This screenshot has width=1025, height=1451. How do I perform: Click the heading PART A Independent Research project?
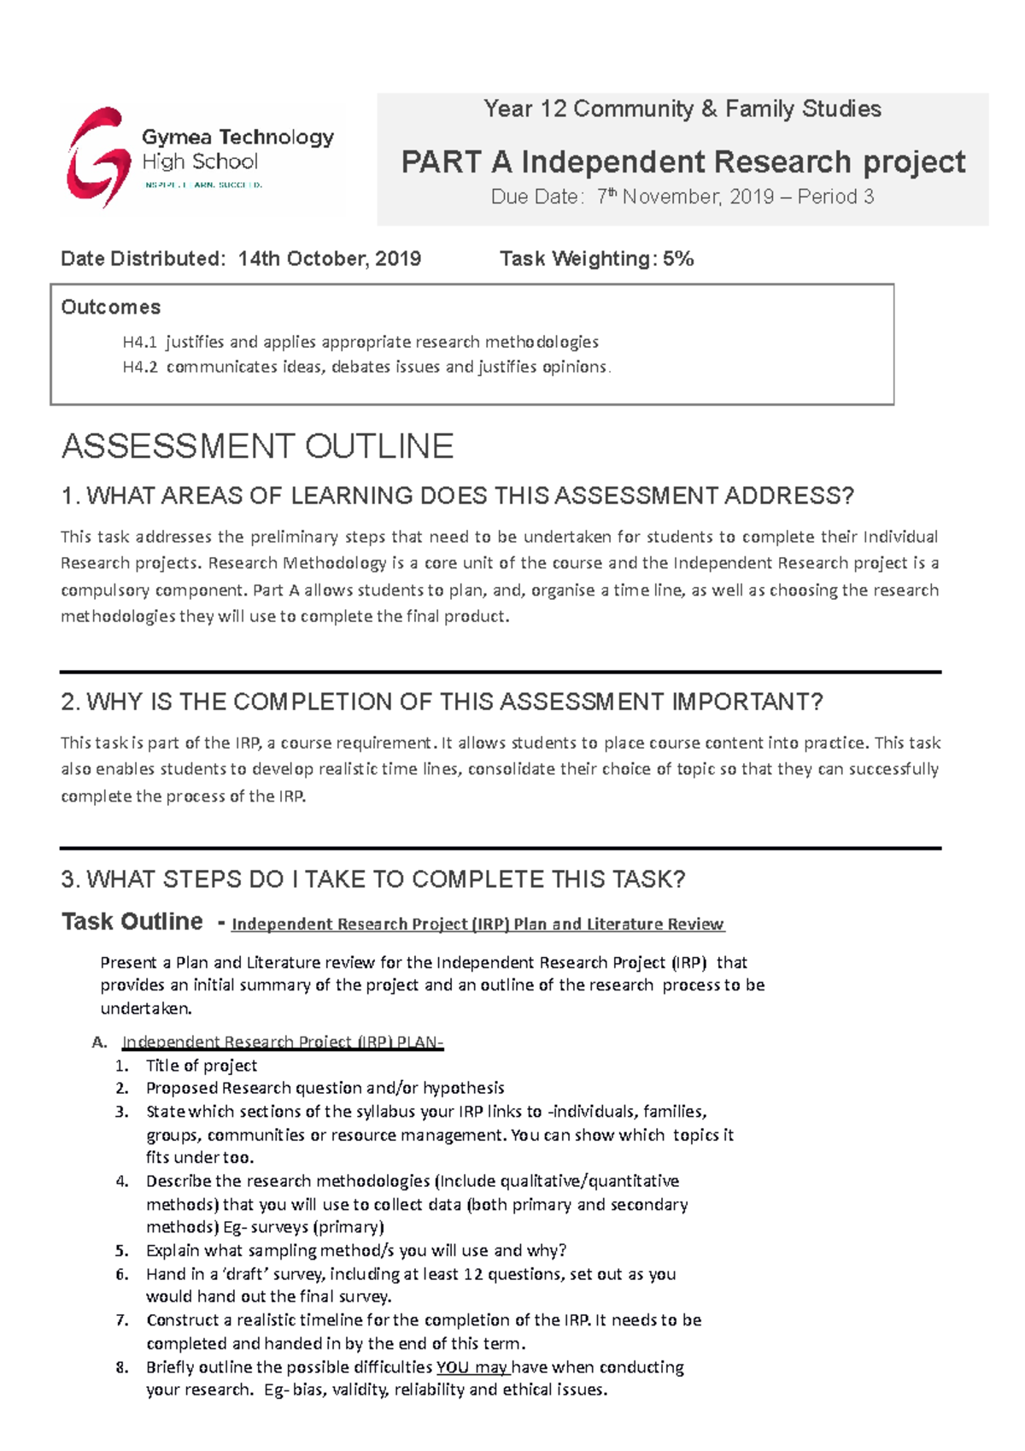click(x=682, y=162)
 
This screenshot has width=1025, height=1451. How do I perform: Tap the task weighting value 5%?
click(x=678, y=259)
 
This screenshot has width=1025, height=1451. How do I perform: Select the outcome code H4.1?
click(x=140, y=343)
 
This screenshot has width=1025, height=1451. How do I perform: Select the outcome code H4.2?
click(x=140, y=367)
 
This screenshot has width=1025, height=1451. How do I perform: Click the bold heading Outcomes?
click(x=111, y=308)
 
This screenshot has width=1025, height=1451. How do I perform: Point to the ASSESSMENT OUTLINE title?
click(x=257, y=447)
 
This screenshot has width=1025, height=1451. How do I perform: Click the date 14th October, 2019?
click(x=329, y=259)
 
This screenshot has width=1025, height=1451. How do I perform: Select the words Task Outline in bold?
click(x=132, y=922)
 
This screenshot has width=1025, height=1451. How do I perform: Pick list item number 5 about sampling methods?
click(x=355, y=1251)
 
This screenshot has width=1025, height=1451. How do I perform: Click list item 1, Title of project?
click(x=201, y=1066)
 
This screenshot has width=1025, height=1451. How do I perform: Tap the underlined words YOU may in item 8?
click(x=472, y=1367)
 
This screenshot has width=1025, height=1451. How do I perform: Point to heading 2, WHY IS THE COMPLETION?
click(x=442, y=702)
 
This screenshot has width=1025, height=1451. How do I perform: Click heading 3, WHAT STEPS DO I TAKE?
click(x=373, y=879)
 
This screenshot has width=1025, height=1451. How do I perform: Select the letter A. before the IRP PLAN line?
click(x=100, y=1043)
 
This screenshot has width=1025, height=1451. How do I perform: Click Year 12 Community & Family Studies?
click(x=682, y=109)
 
